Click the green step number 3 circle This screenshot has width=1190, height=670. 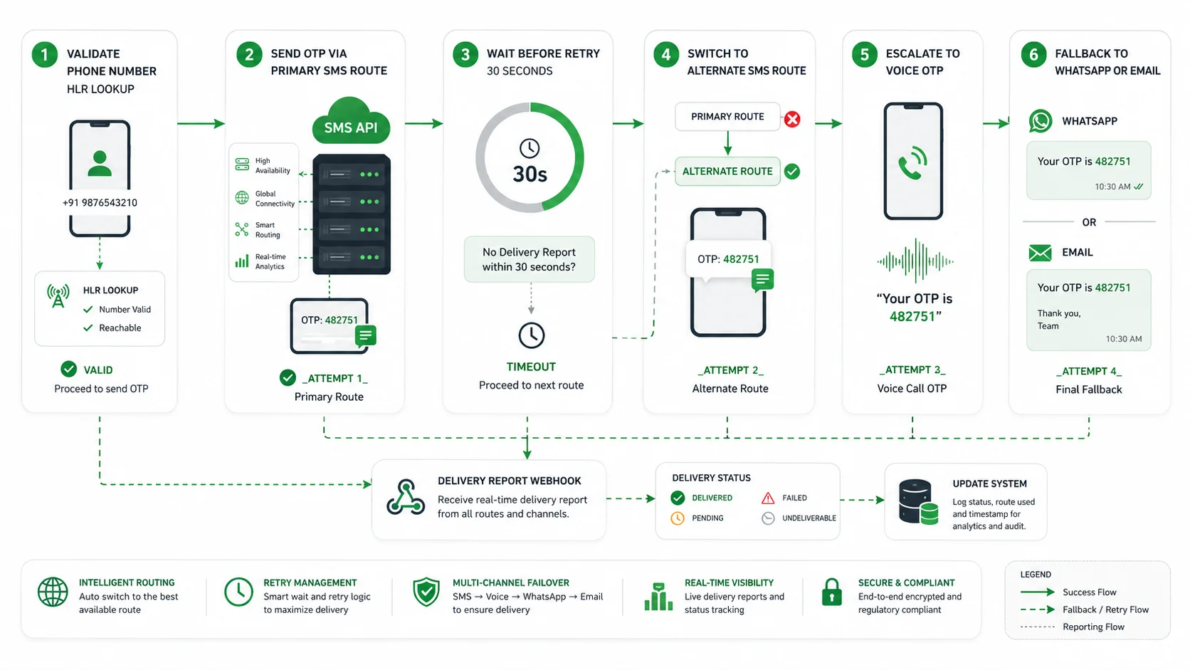(465, 55)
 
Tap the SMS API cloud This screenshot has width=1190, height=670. (351, 122)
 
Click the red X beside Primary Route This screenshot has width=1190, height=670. (792, 119)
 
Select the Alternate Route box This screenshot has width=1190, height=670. (727, 171)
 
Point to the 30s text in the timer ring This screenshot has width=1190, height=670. (530, 174)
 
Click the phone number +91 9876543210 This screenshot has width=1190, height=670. (100, 202)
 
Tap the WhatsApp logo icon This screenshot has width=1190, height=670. (1041, 121)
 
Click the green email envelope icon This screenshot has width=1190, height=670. (1040, 253)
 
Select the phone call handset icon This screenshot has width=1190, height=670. (912, 162)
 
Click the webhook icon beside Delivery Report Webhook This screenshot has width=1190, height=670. (406, 497)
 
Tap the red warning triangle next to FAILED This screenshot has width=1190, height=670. (768, 498)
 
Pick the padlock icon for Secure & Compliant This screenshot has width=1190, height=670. (831, 592)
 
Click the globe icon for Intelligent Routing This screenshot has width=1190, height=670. (53, 592)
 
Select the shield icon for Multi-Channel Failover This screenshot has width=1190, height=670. (426, 592)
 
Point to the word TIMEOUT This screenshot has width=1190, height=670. (531, 367)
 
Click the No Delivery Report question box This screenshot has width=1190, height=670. (529, 259)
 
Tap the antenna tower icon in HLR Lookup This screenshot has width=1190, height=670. (58, 296)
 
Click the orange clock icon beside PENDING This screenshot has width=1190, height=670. (678, 518)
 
